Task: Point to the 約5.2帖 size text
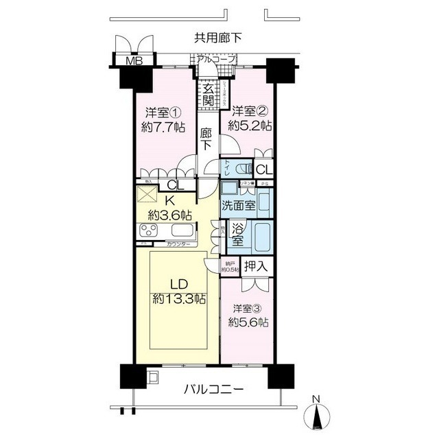click(251, 126)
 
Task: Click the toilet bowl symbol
click(237, 169)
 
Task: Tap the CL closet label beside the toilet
click(264, 169)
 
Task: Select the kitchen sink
click(184, 231)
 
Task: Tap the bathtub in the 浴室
click(261, 236)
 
